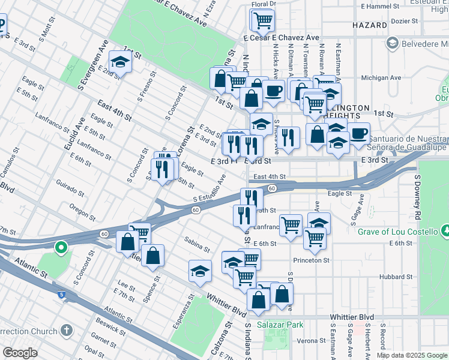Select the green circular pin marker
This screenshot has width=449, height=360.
(61, 247)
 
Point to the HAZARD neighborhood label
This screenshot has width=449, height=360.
(370, 25)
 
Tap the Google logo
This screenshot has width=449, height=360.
(20, 353)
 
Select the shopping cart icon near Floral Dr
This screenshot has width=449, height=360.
(262, 20)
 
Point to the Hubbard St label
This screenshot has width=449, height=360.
(397, 277)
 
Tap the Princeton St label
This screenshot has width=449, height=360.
(312, 260)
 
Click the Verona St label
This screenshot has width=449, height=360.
(310, 340)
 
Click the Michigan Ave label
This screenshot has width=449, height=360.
(381, 78)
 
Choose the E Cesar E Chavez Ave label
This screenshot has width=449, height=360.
(282, 37)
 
